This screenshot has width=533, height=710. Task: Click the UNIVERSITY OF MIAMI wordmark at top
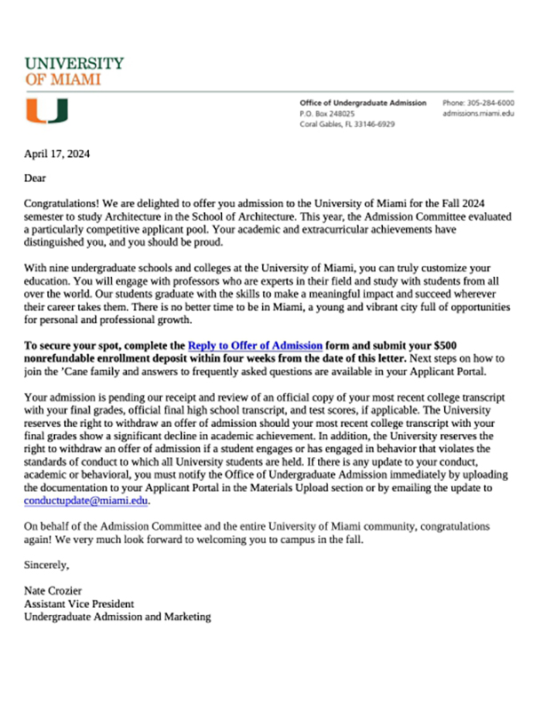pos(74,70)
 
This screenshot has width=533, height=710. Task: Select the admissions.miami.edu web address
pos(478,114)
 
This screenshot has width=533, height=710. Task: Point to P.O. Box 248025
pos(327,114)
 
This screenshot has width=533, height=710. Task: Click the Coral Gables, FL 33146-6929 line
pos(347,124)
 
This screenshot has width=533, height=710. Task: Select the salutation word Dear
pos(36,178)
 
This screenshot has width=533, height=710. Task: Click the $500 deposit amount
pos(466,343)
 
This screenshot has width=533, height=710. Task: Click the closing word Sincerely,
pos(46,564)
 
